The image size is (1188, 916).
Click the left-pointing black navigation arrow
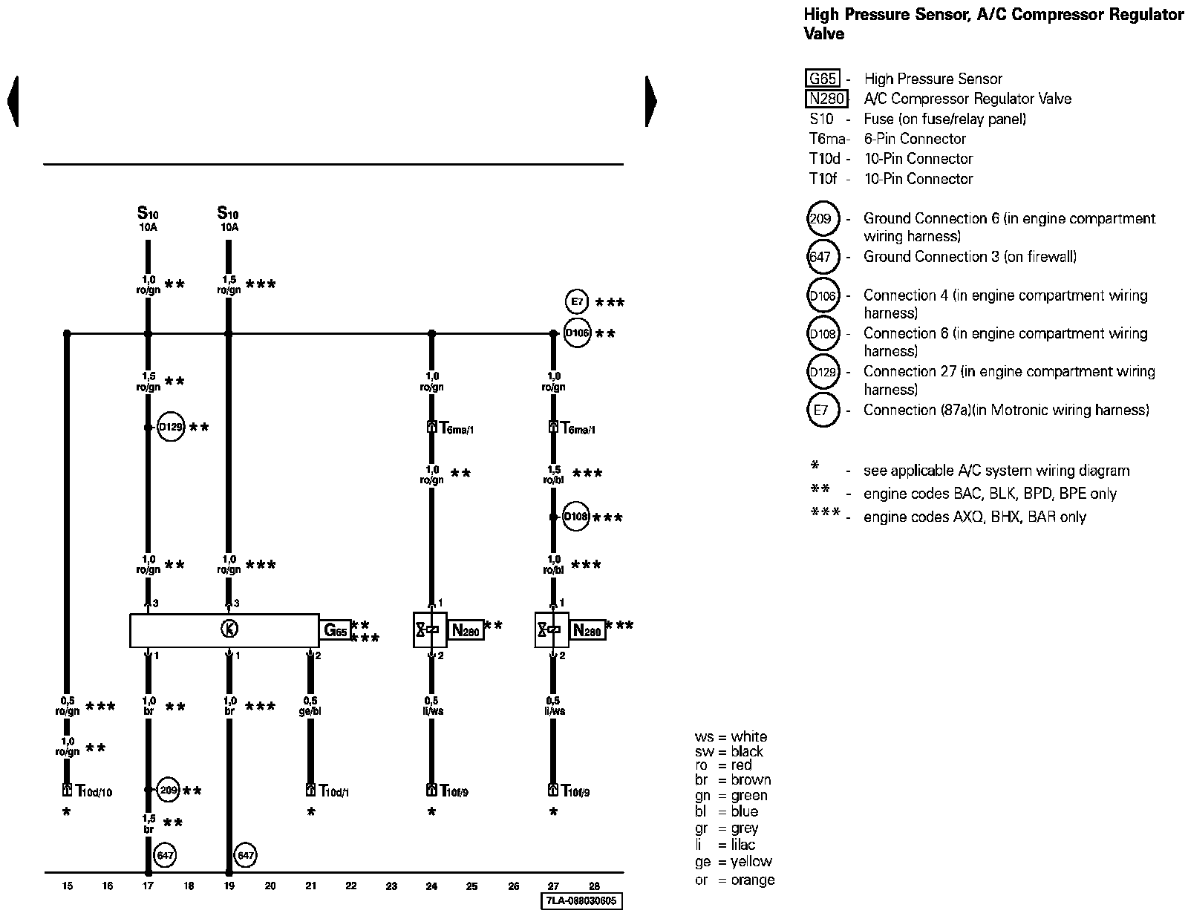[x=13, y=101]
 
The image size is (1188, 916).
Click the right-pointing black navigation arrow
[x=651, y=101]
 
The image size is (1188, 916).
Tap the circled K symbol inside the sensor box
[x=229, y=629]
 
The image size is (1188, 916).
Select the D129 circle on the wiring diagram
[x=171, y=428]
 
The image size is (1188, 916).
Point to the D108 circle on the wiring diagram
[x=576, y=517]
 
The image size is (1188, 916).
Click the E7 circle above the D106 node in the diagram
[x=576, y=302]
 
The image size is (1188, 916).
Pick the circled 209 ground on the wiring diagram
[x=169, y=790]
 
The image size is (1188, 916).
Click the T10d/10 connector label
[x=94, y=791]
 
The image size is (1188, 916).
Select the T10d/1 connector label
[x=333, y=791]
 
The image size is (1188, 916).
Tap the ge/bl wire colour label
[x=310, y=711]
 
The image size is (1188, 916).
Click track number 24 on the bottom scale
[x=431, y=886]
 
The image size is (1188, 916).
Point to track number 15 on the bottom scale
[x=67, y=886]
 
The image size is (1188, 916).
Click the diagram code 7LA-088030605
[x=581, y=901]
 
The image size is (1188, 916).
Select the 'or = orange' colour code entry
[x=734, y=880]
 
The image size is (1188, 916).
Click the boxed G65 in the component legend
[x=823, y=79]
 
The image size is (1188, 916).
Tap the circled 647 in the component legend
[x=822, y=258]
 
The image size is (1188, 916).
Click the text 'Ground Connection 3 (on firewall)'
[x=970, y=257]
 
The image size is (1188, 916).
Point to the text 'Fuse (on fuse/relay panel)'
[x=944, y=119]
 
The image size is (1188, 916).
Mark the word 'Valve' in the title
[x=824, y=33]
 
